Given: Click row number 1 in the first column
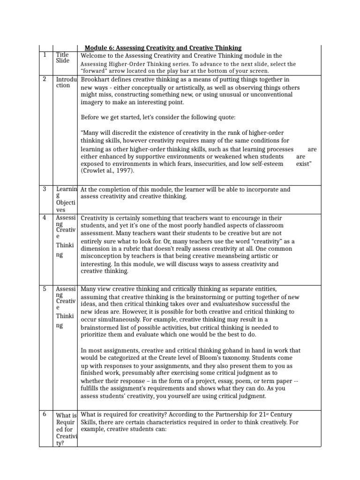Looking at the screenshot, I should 45,55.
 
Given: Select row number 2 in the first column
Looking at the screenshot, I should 45,79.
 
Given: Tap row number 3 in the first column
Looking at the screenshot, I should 45,189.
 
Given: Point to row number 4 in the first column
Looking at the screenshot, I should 45,217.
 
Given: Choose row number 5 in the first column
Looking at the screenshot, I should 45,289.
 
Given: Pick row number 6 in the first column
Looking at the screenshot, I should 45,414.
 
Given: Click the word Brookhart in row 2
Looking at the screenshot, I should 97,79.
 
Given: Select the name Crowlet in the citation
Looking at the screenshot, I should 97,171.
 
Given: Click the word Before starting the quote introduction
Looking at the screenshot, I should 91,117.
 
